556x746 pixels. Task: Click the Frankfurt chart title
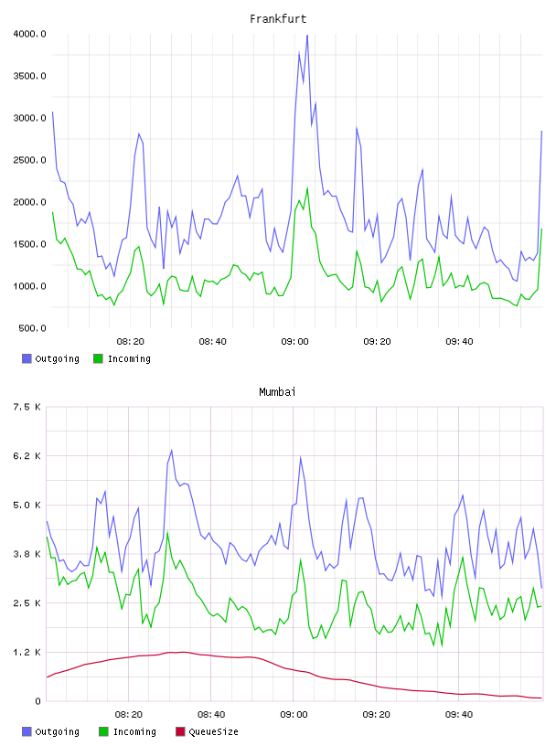point(278,19)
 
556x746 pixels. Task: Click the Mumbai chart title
point(277,392)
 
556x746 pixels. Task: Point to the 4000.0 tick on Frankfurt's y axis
point(29,34)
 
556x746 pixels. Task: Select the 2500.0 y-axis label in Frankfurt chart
point(29,160)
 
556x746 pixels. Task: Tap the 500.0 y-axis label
point(32,328)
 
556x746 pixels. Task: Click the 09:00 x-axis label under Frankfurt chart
point(294,342)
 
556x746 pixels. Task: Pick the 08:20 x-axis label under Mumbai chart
point(129,715)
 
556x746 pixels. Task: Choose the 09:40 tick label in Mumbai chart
point(459,715)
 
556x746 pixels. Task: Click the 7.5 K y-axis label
point(27,407)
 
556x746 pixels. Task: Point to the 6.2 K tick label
point(27,456)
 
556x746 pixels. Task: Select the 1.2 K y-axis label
point(27,652)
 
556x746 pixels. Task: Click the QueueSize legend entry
point(207,731)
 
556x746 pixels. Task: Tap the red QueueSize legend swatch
point(180,731)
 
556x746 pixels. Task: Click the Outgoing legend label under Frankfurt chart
point(57,358)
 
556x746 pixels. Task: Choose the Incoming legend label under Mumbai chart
point(134,731)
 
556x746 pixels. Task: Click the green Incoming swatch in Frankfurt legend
point(98,358)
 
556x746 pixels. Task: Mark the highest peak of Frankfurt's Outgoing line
point(307,36)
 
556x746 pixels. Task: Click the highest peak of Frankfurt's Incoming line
point(307,188)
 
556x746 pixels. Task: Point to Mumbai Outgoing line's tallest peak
point(171,450)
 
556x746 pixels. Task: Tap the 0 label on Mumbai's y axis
point(37,701)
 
